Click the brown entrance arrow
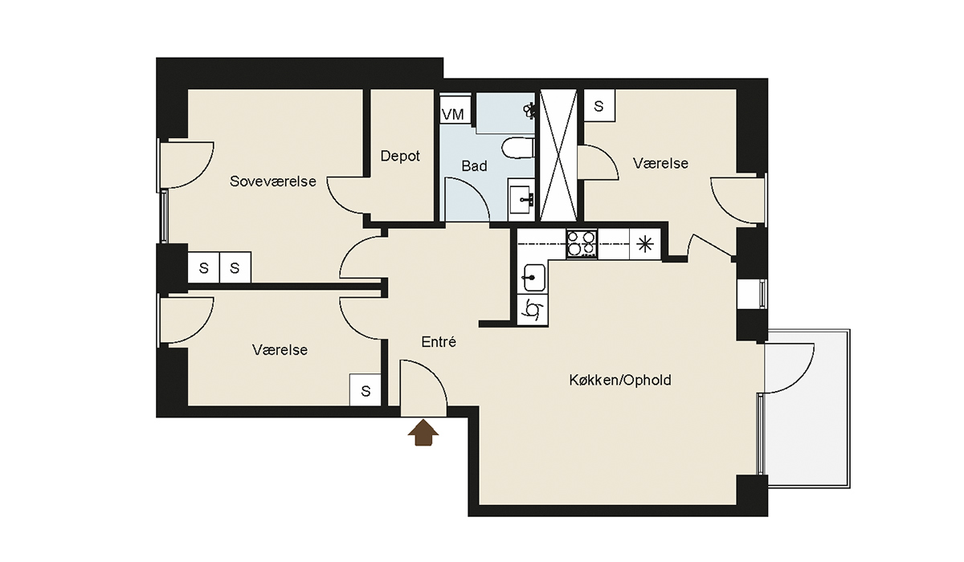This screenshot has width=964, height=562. click(423, 433)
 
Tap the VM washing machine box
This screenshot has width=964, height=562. click(453, 114)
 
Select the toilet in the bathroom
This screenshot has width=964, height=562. click(518, 148)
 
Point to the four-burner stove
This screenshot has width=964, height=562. click(582, 244)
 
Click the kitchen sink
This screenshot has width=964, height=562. click(533, 277)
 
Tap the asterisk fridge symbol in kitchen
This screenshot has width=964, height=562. click(645, 245)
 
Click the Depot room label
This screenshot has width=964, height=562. click(400, 156)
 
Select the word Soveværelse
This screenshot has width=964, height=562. click(273, 181)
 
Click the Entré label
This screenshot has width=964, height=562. click(439, 342)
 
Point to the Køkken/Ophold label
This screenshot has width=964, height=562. click(620, 380)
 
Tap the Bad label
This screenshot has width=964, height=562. click(474, 166)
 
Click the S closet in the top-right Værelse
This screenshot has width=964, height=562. click(599, 106)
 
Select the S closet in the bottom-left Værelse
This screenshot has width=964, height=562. click(366, 390)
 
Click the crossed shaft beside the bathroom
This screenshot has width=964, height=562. click(558, 155)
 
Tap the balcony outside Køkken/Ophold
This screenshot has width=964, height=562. click(807, 409)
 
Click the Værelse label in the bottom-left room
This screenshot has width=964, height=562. click(280, 350)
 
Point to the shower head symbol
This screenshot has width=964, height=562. click(529, 110)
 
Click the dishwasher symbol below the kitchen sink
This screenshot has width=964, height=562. click(533, 309)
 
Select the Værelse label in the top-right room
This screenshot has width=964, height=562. click(660, 164)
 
